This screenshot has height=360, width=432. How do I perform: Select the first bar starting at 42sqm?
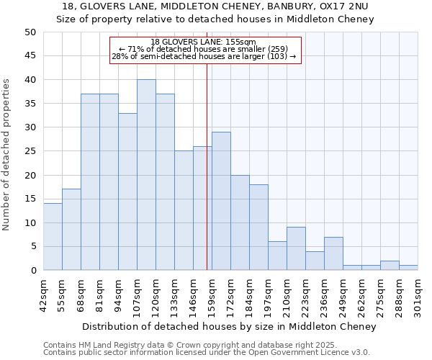pos(53,237)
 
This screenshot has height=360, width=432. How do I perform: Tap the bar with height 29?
pos(221,201)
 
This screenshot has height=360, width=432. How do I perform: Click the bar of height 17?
pos(71,230)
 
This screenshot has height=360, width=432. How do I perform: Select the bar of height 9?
pos(296,249)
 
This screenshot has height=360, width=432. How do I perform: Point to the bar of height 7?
pos(333,253)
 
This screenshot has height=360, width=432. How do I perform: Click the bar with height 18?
pos(258,228)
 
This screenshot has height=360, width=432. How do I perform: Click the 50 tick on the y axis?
pos(30,32)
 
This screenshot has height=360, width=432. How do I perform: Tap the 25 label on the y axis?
pos(30,151)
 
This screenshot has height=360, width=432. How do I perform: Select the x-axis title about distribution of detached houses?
pos(229,327)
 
